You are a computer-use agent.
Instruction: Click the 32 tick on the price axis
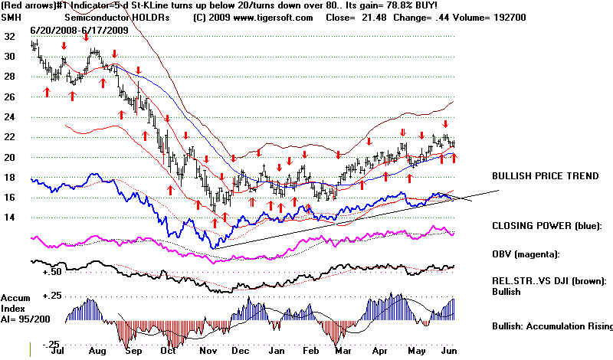[x=9, y=36]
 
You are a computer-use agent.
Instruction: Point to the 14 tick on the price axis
[x=9, y=218]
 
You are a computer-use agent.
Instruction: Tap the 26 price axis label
[x=9, y=97]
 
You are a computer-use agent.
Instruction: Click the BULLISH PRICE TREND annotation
[x=546, y=176]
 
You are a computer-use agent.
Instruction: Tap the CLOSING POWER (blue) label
[x=548, y=227]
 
